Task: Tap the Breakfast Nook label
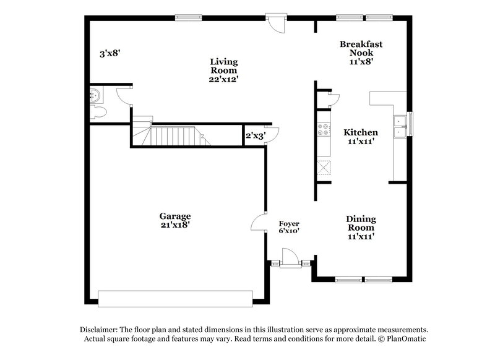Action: point(361,53)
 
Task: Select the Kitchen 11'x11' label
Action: point(361,137)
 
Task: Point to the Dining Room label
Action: point(361,227)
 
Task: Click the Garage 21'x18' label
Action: point(175,220)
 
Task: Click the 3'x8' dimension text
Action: point(110,54)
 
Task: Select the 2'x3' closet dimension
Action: point(255,135)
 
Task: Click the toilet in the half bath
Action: point(97,111)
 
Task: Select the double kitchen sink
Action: point(400,126)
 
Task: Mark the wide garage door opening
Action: point(176,298)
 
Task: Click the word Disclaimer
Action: point(99,330)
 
